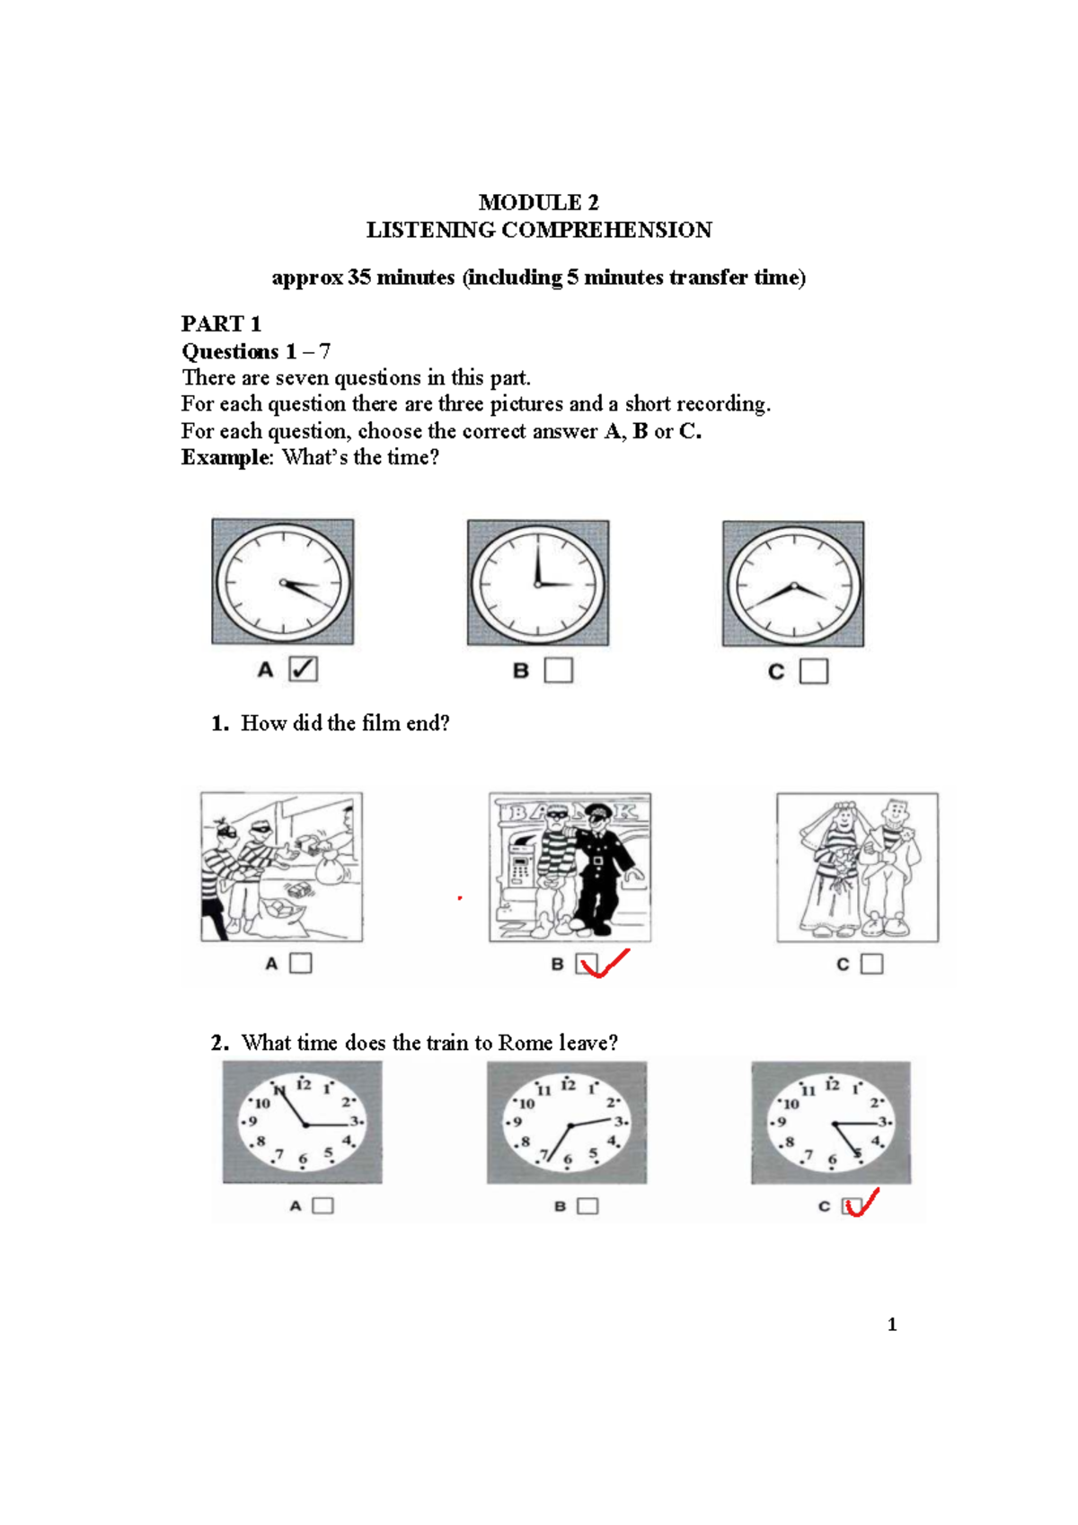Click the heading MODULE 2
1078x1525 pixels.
pyautogui.click(x=538, y=202)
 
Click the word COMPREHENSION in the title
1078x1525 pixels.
pyautogui.click(x=606, y=230)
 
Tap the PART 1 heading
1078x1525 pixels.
pyautogui.click(x=221, y=323)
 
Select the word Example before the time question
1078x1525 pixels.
pyautogui.click(x=225, y=457)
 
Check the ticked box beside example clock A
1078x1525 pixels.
pyautogui.click(x=303, y=669)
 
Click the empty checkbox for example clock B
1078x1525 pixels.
pyautogui.click(x=558, y=670)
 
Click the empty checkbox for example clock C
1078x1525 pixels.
pyautogui.click(x=813, y=671)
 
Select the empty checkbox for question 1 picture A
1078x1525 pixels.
pyautogui.click(x=301, y=963)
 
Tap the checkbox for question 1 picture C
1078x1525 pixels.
pyautogui.click(x=871, y=964)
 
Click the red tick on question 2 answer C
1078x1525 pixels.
pyautogui.click(x=861, y=1203)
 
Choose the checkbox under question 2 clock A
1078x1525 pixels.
pyautogui.click(x=323, y=1205)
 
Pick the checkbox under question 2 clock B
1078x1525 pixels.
pyautogui.click(x=587, y=1206)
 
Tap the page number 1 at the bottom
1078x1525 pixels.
pyautogui.click(x=891, y=1325)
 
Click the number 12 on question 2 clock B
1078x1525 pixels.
pyautogui.click(x=568, y=1085)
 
